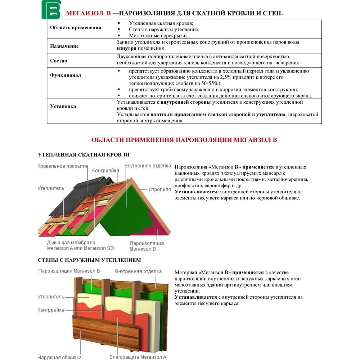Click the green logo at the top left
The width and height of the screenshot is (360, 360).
click(x=51, y=10)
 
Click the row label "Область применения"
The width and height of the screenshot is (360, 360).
click(x=76, y=28)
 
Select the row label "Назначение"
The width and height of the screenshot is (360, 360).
click(x=64, y=46)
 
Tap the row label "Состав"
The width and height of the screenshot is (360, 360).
click(x=59, y=61)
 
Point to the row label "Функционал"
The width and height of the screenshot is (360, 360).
click(x=66, y=76)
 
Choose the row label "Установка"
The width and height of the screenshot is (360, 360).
click(x=63, y=107)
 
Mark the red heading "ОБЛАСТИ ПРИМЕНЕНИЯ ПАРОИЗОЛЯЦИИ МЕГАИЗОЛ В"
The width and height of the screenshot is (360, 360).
click(x=184, y=140)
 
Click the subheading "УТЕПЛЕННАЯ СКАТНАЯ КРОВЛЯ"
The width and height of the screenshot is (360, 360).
click(x=84, y=155)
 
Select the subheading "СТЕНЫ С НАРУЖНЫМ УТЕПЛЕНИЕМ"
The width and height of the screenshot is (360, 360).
click(x=89, y=260)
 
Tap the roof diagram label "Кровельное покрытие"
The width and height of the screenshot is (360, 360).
click(x=63, y=166)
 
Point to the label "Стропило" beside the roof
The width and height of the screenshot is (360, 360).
click(x=160, y=189)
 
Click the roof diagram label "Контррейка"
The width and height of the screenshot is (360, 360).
click(x=105, y=170)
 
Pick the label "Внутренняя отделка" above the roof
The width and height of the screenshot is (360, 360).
click(x=148, y=166)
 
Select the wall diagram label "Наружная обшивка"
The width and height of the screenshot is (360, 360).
click(x=59, y=357)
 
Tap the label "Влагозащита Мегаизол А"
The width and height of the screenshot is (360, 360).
click(x=138, y=357)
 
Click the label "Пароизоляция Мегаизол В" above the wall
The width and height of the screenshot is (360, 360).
click(x=69, y=271)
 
